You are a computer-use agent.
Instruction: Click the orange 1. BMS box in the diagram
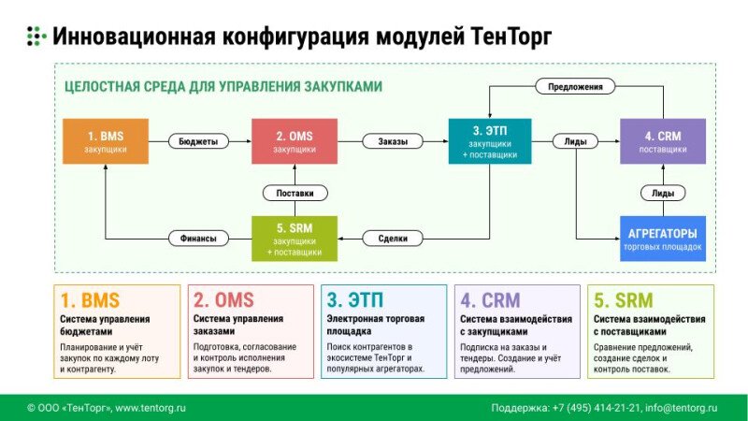coord(105,141)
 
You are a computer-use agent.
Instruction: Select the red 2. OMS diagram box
coord(294,141)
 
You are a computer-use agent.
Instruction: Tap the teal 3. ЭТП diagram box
coord(490,141)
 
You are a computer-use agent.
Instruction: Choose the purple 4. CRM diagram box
coord(662,141)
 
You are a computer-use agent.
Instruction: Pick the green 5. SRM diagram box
coord(294,238)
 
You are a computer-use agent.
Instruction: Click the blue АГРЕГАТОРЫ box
coord(662,238)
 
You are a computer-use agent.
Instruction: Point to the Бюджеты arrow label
coord(198,142)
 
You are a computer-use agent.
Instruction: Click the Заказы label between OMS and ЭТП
coord(392,142)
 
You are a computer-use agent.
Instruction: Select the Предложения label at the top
coord(575,86)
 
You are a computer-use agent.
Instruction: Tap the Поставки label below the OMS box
coord(294,193)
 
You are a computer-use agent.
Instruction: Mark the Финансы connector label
coord(198,238)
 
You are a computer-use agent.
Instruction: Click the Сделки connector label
coord(392,238)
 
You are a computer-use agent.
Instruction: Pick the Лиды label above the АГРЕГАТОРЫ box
coord(662,193)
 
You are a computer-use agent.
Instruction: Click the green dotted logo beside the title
coord(36,36)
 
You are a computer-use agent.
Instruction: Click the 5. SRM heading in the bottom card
coord(623,300)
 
